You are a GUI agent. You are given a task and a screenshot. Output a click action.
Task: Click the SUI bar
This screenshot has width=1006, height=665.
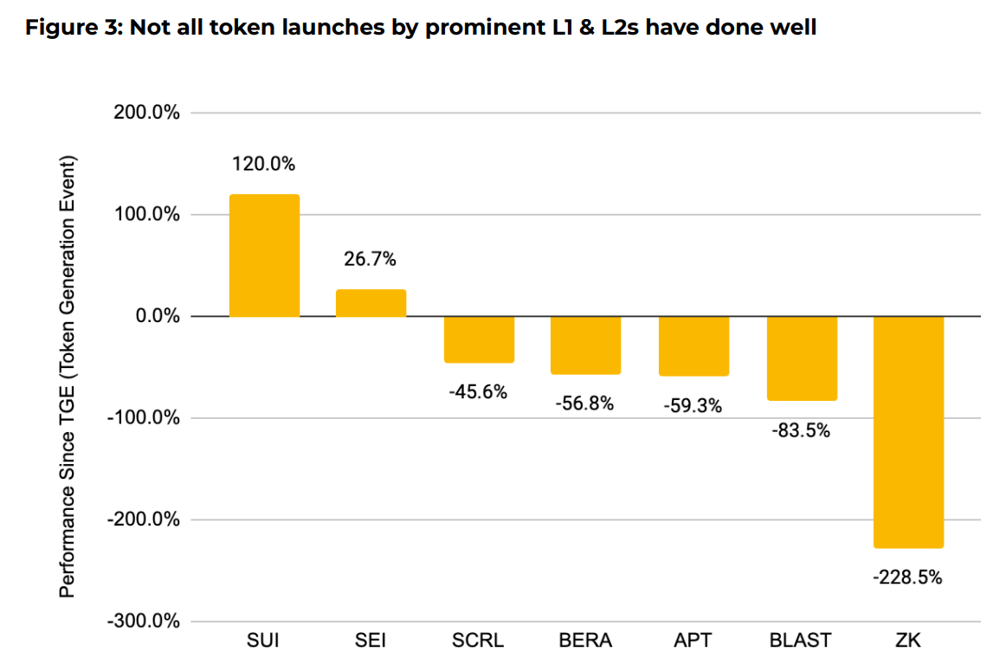(264, 255)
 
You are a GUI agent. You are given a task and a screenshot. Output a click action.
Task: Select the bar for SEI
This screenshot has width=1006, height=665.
(371, 303)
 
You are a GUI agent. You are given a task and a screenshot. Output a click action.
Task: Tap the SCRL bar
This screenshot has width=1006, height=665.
(479, 339)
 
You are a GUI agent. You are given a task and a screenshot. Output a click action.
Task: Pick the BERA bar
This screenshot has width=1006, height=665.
(586, 345)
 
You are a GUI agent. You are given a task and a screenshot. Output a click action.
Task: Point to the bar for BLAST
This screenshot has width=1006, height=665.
(802, 358)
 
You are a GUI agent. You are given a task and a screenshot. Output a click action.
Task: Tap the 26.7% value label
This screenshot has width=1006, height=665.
(371, 258)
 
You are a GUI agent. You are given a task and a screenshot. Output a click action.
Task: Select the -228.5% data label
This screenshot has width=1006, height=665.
(907, 577)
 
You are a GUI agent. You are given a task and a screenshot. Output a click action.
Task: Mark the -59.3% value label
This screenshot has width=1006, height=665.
(693, 405)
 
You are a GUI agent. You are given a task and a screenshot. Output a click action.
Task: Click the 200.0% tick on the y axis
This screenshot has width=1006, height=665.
(146, 113)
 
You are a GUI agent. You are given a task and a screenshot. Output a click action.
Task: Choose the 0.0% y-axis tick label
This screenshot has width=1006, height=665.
(155, 317)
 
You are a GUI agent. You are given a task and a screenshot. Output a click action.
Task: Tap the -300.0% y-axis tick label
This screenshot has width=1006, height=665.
(145, 622)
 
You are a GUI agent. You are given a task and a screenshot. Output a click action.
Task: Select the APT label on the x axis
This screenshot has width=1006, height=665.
(693, 641)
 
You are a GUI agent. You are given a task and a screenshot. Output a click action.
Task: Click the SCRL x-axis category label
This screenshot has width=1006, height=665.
(479, 641)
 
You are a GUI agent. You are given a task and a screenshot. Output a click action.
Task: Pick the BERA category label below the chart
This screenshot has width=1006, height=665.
(586, 641)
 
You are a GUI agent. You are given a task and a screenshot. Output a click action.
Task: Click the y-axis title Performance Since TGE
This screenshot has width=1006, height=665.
(68, 377)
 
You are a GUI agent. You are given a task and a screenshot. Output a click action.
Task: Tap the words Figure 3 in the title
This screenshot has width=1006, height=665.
(73, 28)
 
